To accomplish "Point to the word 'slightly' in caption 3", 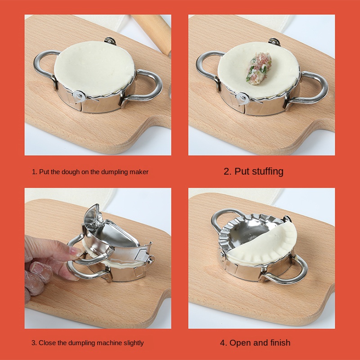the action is tap(134, 343).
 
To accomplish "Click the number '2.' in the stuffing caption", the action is tap(228, 171).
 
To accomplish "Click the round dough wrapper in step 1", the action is tap(94, 68).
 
